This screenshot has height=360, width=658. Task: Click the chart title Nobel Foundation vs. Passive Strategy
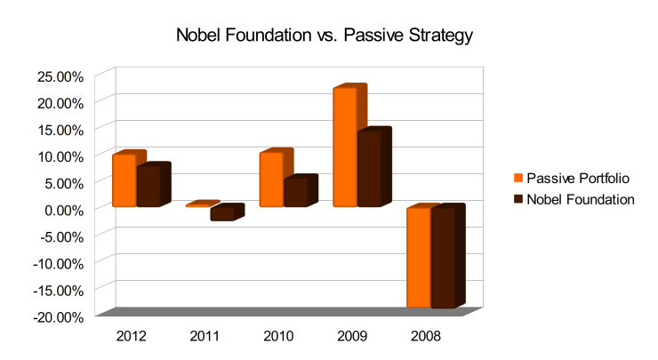coord(329,36)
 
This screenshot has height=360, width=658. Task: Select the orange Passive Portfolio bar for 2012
coord(124,180)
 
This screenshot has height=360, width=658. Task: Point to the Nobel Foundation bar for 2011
coord(221,213)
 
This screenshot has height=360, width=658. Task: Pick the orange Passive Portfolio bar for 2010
coord(271,180)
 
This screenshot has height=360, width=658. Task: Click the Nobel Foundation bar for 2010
coord(295,193)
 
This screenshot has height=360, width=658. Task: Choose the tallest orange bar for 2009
coord(346,148)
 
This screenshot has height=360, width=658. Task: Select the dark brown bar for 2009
coord(370,169)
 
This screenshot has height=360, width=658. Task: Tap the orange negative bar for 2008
coord(419,258)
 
